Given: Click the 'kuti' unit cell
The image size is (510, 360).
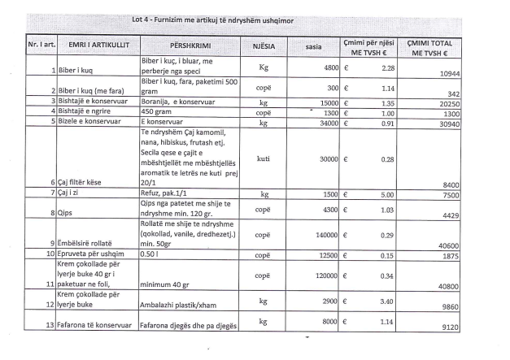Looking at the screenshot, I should [263, 160].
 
